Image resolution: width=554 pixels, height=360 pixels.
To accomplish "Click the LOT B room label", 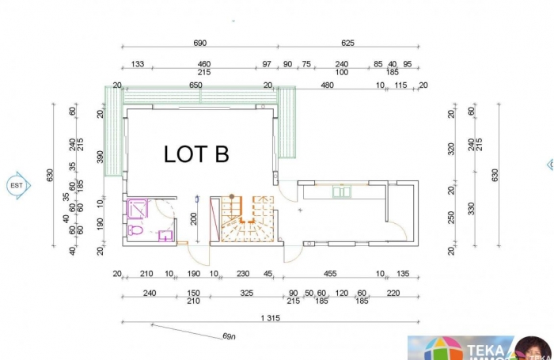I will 196,154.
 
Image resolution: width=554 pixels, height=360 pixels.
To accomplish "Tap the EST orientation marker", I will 16,185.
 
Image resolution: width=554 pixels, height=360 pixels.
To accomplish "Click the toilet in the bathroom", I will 135,230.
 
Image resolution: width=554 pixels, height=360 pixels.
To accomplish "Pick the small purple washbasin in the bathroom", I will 165,235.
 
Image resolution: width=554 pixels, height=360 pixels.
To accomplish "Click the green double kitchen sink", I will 341,191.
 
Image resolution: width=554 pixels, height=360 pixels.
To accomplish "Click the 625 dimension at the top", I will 347,43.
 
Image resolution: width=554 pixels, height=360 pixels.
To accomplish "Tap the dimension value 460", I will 203,64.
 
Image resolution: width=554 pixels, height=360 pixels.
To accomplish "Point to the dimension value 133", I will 137,64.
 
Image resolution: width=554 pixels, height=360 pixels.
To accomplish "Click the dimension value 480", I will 327,85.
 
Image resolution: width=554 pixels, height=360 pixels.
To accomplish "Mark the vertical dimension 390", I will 101,156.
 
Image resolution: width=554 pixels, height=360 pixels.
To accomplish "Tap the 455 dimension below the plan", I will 330,274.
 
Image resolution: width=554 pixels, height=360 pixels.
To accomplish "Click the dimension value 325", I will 246,292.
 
